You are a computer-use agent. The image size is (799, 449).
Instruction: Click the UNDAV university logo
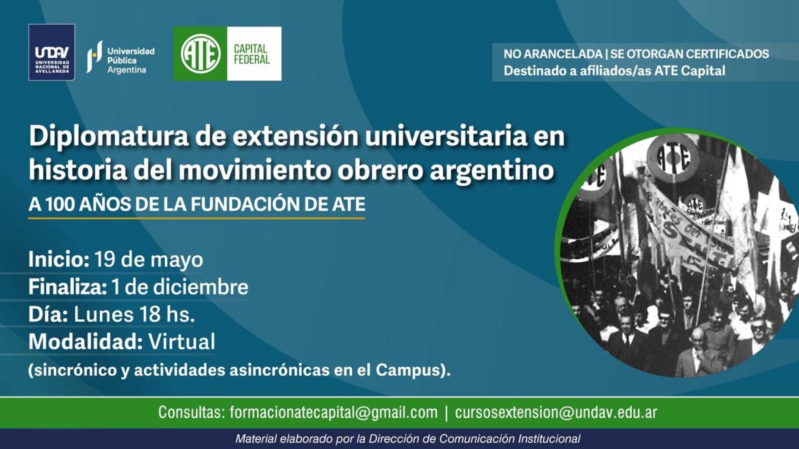(x=52, y=52)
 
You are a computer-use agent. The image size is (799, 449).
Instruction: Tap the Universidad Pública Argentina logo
(x=120, y=57)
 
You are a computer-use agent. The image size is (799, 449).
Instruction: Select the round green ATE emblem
(x=201, y=54)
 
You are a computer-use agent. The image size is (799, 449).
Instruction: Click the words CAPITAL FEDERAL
(x=251, y=54)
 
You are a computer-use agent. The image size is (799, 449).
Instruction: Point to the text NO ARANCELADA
(x=553, y=54)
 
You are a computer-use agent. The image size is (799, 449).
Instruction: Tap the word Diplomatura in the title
(x=109, y=137)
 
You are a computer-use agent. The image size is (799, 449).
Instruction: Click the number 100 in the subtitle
(x=60, y=204)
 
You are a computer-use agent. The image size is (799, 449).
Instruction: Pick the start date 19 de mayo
(x=149, y=260)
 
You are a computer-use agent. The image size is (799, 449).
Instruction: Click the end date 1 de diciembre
(x=180, y=287)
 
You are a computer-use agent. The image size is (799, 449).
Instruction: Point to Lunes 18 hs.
(x=134, y=314)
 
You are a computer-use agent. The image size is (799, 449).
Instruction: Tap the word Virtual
(x=182, y=342)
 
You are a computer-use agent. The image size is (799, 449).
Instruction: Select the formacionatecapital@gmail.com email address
(x=333, y=412)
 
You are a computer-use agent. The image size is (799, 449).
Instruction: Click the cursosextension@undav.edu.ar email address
(x=556, y=412)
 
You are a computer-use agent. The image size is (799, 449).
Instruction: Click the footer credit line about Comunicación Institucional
(x=408, y=439)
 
